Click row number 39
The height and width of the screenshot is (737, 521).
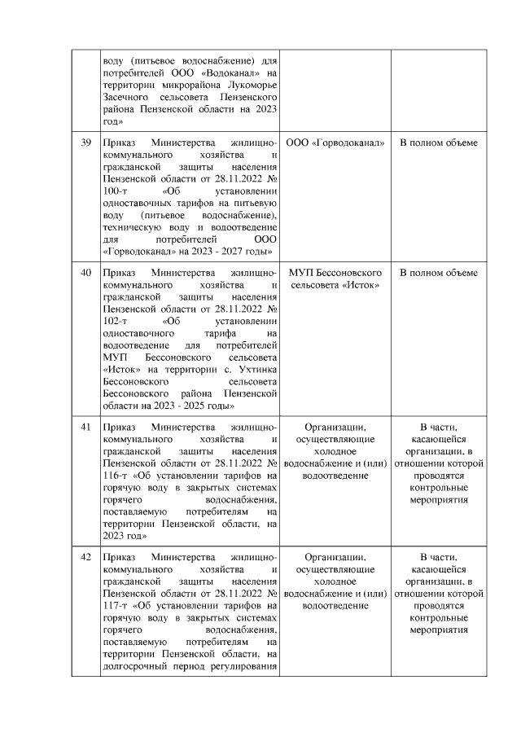click(x=85, y=143)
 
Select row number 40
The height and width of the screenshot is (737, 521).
click(x=85, y=273)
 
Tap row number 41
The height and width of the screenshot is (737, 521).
click(x=85, y=426)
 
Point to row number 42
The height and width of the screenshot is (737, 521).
click(x=85, y=556)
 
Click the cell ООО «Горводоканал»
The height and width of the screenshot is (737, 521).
click(x=335, y=143)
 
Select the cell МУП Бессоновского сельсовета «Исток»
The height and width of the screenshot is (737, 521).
click(x=335, y=279)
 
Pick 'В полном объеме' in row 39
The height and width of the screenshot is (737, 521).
click(x=438, y=143)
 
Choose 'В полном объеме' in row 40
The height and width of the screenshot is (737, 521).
click(x=438, y=273)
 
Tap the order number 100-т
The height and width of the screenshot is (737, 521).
click(x=116, y=191)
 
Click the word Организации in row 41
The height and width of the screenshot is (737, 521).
click(x=335, y=426)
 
